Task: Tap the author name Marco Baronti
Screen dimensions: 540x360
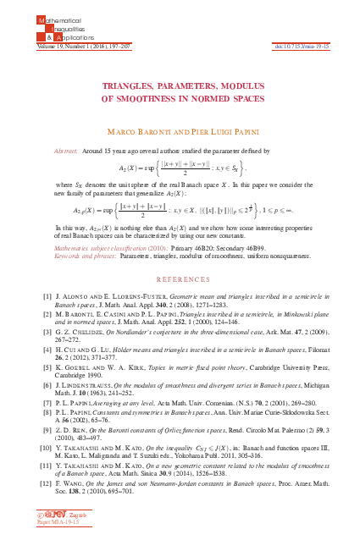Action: (141, 133)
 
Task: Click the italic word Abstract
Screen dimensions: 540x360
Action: (66, 148)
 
